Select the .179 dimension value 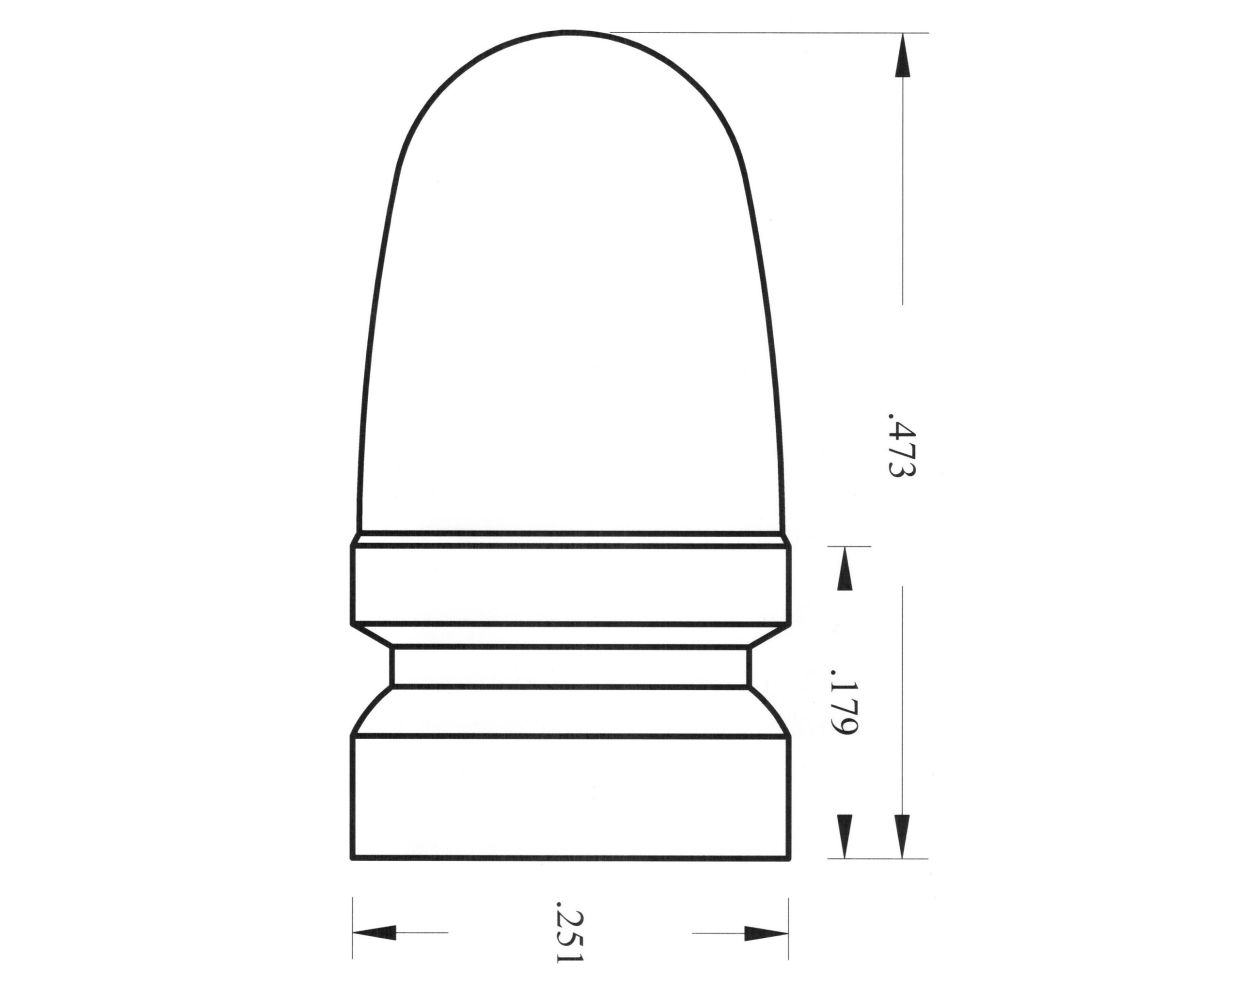click(842, 707)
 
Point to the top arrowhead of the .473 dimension click(902, 55)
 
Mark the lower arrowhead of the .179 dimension click(844, 836)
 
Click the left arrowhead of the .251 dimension click(374, 934)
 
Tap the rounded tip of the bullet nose click(570, 40)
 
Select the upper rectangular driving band click(570, 586)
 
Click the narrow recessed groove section click(570, 666)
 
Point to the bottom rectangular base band click(570, 797)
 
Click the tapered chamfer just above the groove click(570, 636)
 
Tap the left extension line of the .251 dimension click(353, 930)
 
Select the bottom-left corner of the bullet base click(353, 857)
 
